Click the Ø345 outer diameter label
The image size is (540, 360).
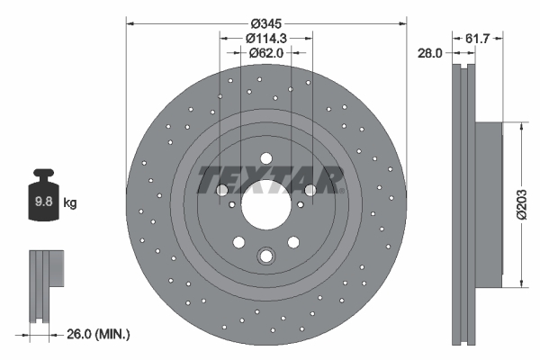pyautogui.click(x=266, y=23)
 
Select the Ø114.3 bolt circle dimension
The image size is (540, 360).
pyautogui.click(x=266, y=38)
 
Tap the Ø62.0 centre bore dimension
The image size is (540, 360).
pyautogui.click(x=266, y=53)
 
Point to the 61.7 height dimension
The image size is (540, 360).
pyautogui.click(x=477, y=38)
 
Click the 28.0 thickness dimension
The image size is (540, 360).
pyautogui.click(x=429, y=53)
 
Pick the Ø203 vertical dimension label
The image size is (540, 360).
pyautogui.click(x=522, y=204)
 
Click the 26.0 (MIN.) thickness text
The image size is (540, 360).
pyautogui.click(x=98, y=334)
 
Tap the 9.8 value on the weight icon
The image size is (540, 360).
pyautogui.click(x=44, y=202)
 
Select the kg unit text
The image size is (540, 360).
pyautogui.click(x=70, y=202)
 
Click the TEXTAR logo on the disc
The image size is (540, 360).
pyautogui.click(x=270, y=179)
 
